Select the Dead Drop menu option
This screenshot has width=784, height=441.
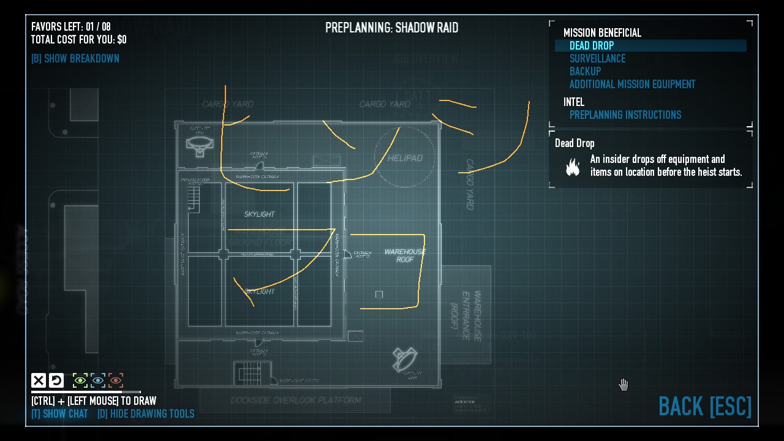coord(592,46)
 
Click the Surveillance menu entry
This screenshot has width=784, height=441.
coord(597,59)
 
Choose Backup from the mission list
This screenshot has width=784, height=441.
coord(585,72)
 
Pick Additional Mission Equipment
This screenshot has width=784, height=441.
coord(632,85)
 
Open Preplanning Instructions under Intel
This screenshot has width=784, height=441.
coord(625,115)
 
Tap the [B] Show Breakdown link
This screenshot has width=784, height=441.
coord(75,59)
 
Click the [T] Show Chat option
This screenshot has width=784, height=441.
coord(59,414)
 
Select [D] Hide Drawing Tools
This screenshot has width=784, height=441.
coord(146,414)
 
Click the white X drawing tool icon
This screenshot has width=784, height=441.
coord(39,381)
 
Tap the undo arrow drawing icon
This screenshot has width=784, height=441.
coord(56,381)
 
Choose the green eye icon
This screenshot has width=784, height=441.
coord(80,381)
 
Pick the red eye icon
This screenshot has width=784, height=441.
coord(116,381)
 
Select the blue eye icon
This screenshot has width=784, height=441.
coord(98,381)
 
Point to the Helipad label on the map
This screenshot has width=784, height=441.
coord(405,158)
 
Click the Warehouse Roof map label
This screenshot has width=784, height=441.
coord(405,255)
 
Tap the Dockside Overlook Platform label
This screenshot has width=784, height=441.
coord(296,401)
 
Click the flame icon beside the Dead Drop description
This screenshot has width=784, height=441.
coord(573,167)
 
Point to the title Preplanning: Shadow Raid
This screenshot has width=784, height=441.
coord(391,28)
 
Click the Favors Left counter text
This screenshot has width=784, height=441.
coord(71,27)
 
